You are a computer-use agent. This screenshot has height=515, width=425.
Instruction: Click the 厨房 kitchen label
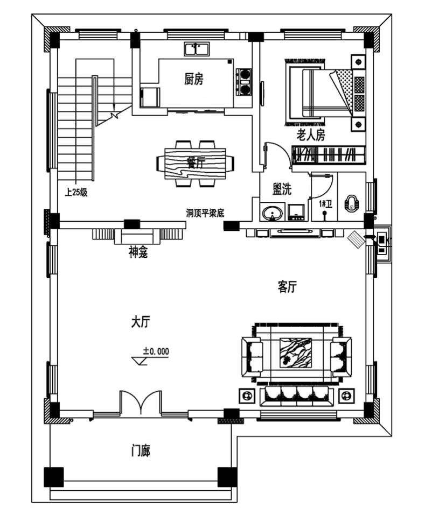pyautogui.click(x=194, y=80)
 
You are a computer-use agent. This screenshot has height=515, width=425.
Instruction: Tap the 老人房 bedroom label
pyautogui.click(x=311, y=135)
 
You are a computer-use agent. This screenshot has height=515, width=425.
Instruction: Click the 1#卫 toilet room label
pyautogui.click(x=325, y=203)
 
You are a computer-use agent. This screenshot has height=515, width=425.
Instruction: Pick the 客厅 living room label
pyautogui.click(x=287, y=287)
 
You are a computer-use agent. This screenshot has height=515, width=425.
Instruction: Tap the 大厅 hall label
pyautogui.click(x=140, y=322)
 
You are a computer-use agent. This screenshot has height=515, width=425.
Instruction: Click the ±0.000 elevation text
pyautogui.click(x=156, y=351)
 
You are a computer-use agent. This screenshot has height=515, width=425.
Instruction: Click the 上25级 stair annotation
pyautogui.click(x=76, y=192)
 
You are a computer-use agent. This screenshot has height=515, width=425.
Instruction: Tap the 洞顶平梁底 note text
pyautogui.click(x=205, y=213)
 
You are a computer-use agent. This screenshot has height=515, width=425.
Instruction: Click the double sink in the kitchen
pyautogui.click(x=197, y=50)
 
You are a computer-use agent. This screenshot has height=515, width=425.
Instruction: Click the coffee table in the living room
pyautogui.click(x=296, y=353)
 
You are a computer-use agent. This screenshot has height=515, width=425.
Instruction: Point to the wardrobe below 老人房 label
pyautogui.click(x=329, y=155)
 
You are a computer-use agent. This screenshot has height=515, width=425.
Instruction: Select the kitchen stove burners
pyautogui.click(x=245, y=81)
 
